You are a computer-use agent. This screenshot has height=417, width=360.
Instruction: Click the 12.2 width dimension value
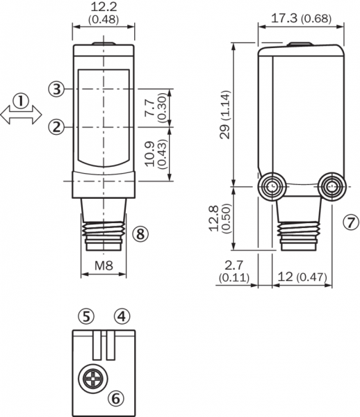[x=104, y=7]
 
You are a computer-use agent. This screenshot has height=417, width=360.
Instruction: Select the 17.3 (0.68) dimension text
[x=301, y=19]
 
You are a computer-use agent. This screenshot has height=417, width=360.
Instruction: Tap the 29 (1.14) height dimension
[x=224, y=115]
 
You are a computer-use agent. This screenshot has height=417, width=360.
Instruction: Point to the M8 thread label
[x=104, y=265]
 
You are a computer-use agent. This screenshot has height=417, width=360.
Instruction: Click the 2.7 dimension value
[x=234, y=265]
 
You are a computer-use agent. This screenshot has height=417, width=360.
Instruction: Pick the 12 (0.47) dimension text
[x=302, y=277]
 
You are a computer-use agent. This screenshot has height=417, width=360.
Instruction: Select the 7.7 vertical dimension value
[x=149, y=108]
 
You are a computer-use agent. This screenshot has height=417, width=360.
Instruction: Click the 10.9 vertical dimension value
[x=149, y=154]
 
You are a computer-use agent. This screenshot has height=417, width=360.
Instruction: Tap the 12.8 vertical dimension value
[x=214, y=219]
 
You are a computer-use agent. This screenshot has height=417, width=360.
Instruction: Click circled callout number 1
[x=21, y=101]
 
